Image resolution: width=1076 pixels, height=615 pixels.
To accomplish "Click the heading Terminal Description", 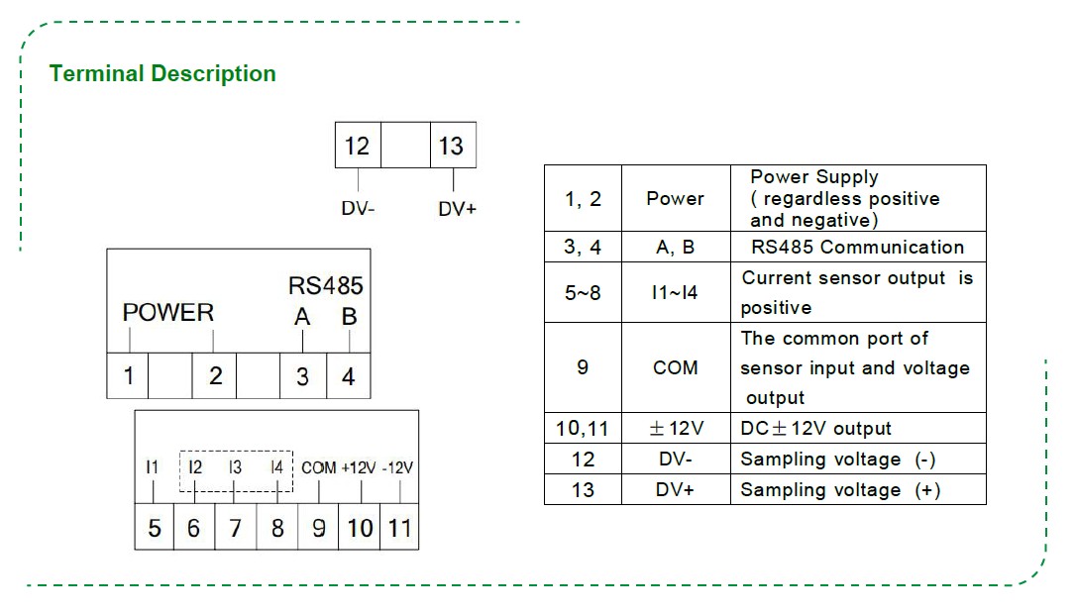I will [x=162, y=74].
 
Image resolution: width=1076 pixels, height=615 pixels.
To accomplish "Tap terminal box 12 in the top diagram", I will [x=358, y=146].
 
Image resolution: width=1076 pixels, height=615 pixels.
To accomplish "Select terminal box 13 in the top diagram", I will [x=452, y=146].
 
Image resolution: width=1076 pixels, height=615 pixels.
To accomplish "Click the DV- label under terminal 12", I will [x=358, y=209].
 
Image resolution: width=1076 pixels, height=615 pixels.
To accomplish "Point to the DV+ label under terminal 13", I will [x=458, y=209].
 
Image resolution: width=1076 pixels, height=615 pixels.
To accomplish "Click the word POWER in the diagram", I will [x=168, y=313].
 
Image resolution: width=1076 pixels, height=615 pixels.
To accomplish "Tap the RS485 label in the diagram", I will [x=326, y=286].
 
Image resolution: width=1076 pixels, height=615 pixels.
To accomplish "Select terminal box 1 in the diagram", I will [x=129, y=376].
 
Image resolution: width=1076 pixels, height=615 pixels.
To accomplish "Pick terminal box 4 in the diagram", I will [x=348, y=376].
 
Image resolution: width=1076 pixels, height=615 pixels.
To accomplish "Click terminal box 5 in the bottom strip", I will [x=155, y=528].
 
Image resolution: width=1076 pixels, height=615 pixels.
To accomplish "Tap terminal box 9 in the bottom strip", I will [x=318, y=528].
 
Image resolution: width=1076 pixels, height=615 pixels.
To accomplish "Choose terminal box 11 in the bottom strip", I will [x=398, y=528].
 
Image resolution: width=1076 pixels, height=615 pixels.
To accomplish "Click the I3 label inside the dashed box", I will [x=235, y=467].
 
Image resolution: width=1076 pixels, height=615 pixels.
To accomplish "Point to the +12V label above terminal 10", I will [x=359, y=467].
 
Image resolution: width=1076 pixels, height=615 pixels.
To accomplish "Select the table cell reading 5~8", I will [x=583, y=293].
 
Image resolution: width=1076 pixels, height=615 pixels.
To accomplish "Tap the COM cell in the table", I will [x=676, y=367].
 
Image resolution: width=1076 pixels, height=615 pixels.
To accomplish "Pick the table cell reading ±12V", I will [x=676, y=429].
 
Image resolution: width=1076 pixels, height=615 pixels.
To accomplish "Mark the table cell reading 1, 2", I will [x=583, y=198].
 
